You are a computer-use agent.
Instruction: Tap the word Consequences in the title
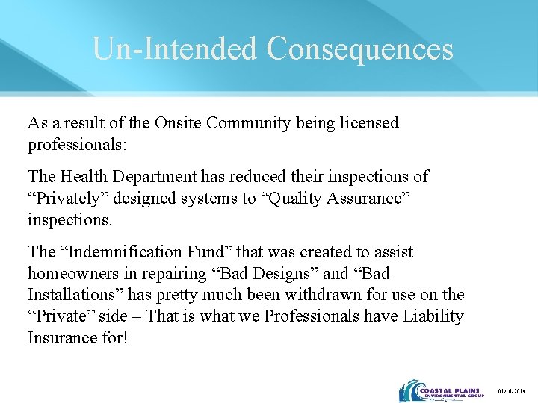pos(360,49)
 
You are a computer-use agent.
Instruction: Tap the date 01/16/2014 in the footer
pos(513,392)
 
